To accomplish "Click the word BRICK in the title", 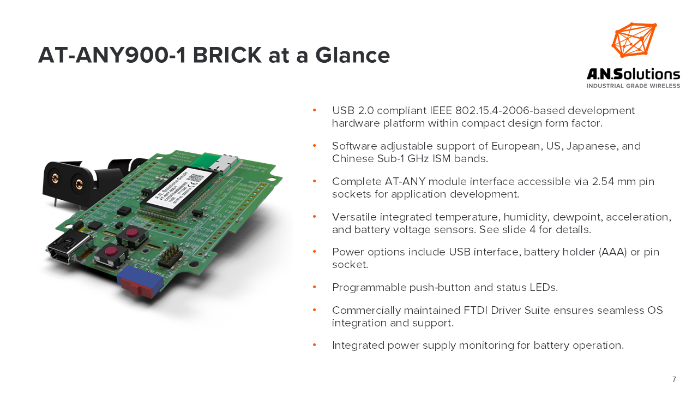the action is [x=227, y=55].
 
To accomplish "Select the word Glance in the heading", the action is [x=352, y=55].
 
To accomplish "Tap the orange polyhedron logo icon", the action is [x=634, y=40].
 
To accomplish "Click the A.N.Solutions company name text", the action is [x=633, y=74].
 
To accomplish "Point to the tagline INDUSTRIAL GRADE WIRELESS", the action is [x=633, y=86].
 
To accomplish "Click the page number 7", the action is [x=674, y=379].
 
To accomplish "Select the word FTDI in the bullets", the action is [x=476, y=311].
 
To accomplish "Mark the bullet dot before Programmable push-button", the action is [x=315, y=287].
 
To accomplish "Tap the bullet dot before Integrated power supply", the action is [x=315, y=346].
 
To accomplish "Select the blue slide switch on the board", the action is [x=140, y=281].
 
